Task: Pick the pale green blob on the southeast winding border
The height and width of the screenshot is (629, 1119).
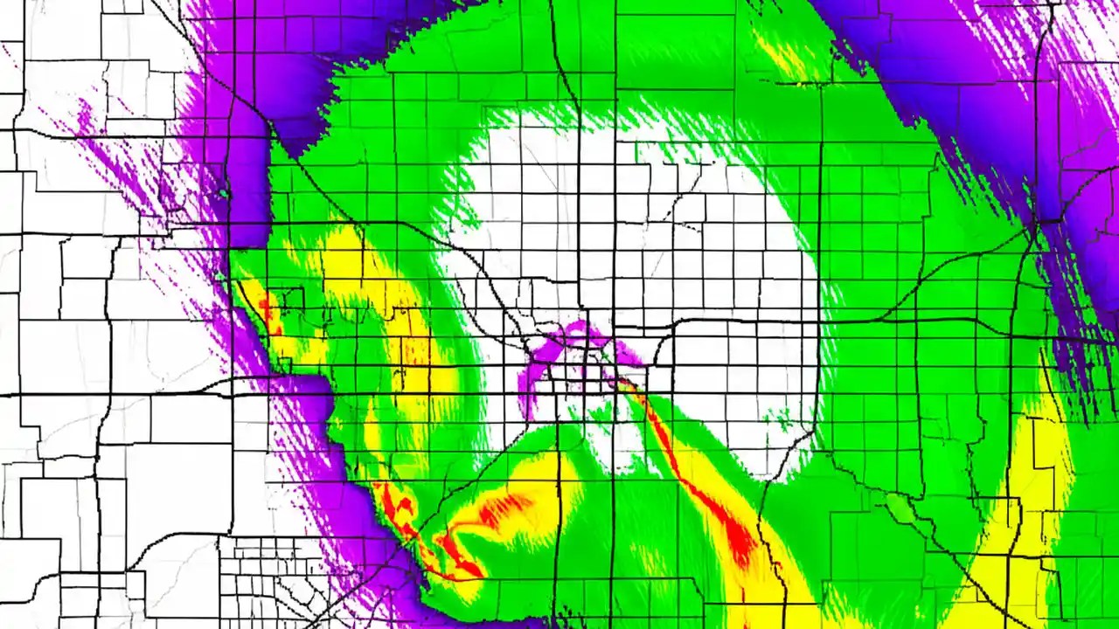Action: (900, 507)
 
